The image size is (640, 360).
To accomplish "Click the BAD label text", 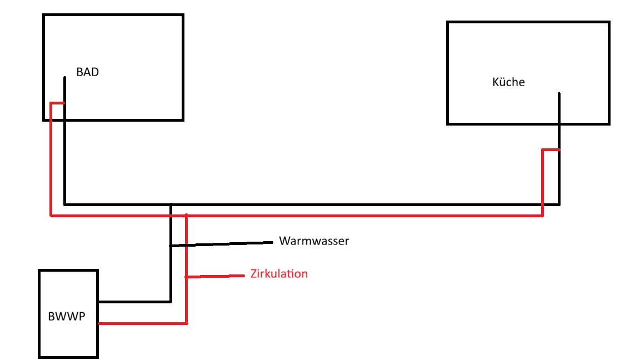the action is pos(87,72).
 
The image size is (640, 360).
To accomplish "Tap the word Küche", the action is pos(508,82).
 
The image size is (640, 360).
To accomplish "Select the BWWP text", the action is pos(67,316).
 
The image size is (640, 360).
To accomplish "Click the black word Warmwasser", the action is pos(314,241).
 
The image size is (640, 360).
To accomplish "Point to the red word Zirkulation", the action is pos(279,273).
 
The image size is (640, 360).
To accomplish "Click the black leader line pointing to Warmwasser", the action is pos(221,244).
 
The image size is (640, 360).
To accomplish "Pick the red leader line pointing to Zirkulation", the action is pos(215,276).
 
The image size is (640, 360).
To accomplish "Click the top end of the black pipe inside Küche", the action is pos(559,94).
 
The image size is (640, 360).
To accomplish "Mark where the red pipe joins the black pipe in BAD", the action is pos(64,103).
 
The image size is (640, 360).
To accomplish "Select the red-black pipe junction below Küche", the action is pos(559,150).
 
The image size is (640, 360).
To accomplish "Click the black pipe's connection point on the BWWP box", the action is pos(99,302).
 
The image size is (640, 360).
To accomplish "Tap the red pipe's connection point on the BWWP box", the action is pos(99,323).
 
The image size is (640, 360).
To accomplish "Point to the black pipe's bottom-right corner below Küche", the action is pos(559,204).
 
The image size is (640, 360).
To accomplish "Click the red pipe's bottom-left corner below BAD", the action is pos(51,215).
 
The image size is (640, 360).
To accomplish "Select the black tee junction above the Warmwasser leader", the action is pos(171,204).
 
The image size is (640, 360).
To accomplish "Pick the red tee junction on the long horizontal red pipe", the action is pos(186,215).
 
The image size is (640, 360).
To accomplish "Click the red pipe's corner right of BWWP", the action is pos(186,323).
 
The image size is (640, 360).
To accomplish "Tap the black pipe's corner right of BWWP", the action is pos(171,302).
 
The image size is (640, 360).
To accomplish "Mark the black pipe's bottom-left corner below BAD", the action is pos(64,204).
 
